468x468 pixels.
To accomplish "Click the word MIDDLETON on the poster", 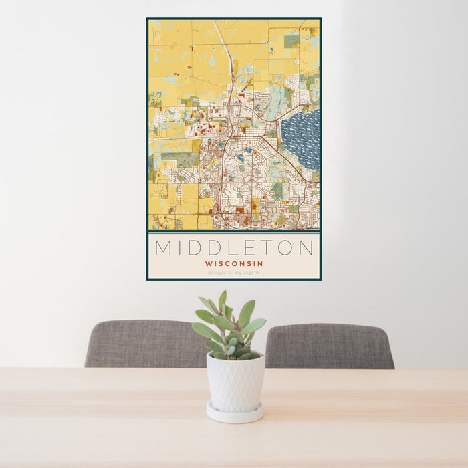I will point(234,248).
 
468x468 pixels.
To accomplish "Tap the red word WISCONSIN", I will point(234,263).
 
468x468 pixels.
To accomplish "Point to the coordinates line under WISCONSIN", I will point(234,273).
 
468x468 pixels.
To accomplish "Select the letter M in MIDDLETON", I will point(163,248).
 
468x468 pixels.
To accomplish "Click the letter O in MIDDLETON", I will point(285,248).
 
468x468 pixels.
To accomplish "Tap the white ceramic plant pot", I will point(235,383).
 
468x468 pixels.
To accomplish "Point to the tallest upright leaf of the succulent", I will point(222,302).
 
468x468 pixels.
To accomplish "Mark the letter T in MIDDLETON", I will point(267,248).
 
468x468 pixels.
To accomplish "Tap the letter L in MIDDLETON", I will point(232,248).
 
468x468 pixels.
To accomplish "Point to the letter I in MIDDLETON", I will point(179,248).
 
